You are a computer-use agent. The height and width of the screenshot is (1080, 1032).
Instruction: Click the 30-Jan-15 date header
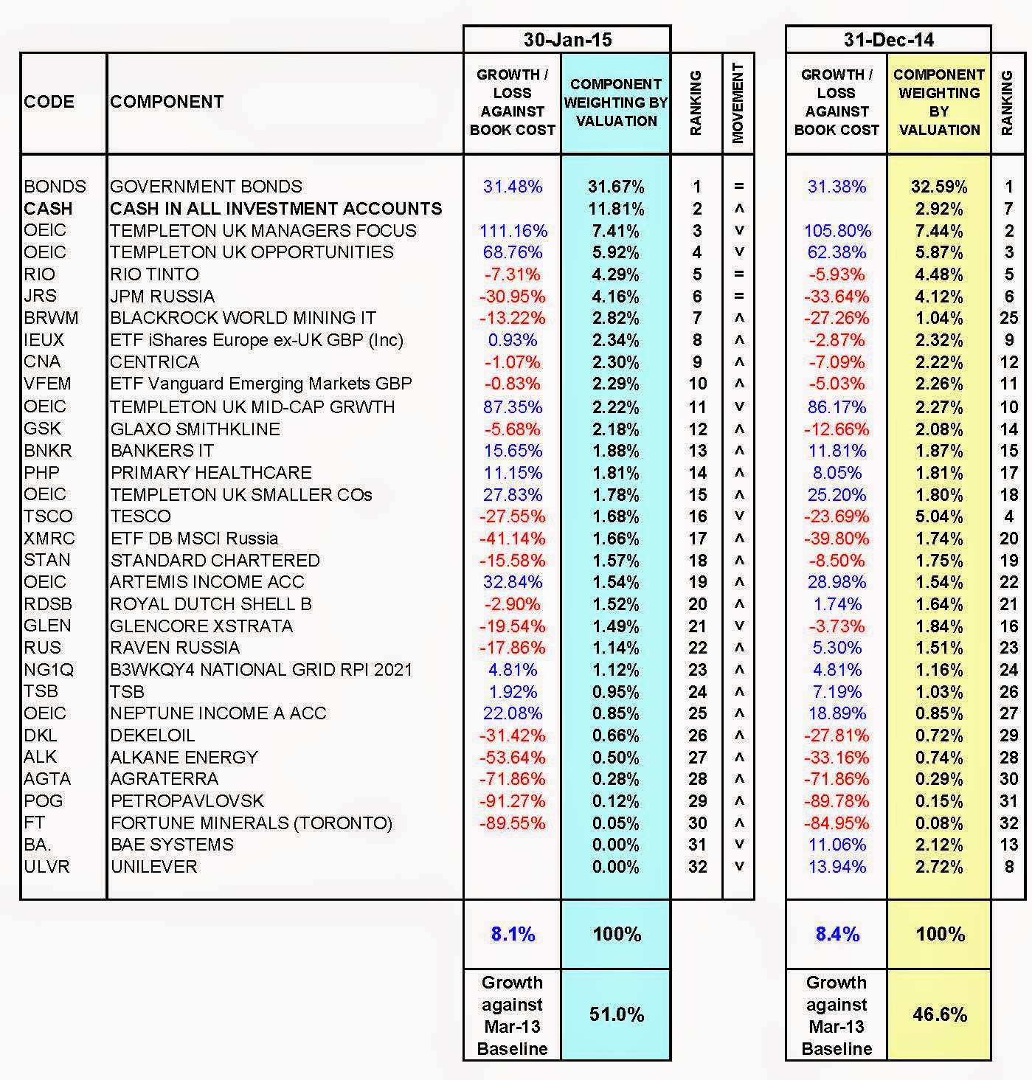click(x=567, y=40)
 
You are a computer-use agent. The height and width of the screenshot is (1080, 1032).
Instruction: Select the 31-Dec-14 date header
click(x=888, y=40)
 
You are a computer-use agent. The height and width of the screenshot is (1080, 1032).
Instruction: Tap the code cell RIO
click(x=39, y=274)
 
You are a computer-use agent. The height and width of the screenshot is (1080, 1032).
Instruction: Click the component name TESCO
click(x=140, y=516)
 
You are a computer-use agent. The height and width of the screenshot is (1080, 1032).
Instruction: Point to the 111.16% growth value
click(x=513, y=231)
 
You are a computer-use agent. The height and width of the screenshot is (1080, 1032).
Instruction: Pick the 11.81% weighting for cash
click(x=616, y=209)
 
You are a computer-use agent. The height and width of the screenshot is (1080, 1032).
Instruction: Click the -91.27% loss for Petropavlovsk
click(x=513, y=801)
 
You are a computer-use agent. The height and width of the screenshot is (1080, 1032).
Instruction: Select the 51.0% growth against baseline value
click(x=616, y=1015)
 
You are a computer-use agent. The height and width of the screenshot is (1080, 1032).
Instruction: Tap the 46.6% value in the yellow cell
click(x=939, y=1015)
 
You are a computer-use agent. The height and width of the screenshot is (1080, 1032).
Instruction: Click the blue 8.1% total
click(x=513, y=935)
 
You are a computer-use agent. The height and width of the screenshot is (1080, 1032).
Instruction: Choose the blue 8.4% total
click(x=837, y=935)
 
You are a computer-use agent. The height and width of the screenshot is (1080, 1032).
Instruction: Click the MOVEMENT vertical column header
click(x=738, y=103)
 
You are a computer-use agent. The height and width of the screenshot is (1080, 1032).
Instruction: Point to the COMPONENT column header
click(x=167, y=102)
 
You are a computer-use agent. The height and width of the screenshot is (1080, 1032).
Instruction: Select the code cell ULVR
click(x=46, y=867)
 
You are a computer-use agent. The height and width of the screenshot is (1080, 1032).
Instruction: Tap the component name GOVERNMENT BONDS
click(x=206, y=187)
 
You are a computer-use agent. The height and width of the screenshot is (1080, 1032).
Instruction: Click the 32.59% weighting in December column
click(x=939, y=187)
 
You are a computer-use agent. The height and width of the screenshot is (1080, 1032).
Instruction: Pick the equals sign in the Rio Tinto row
click(x=738, y=274)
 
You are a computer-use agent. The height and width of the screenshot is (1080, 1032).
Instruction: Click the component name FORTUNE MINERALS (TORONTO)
click(x=251, y=823)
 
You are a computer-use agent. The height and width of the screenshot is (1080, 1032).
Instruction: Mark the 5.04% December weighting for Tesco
click(x=939, y=516)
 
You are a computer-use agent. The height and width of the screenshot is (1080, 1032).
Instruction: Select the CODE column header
click(x=49, y=102)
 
